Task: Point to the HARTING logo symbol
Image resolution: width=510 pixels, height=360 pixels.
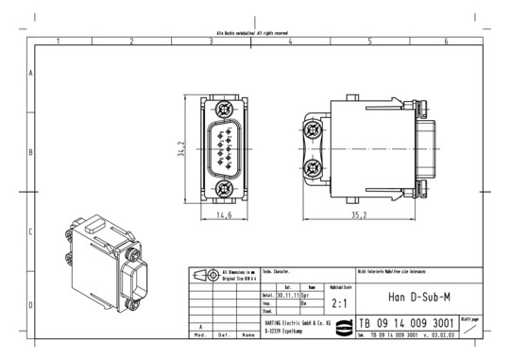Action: tap(364, 324)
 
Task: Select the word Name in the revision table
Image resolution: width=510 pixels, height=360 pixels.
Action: tap(247, 334)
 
